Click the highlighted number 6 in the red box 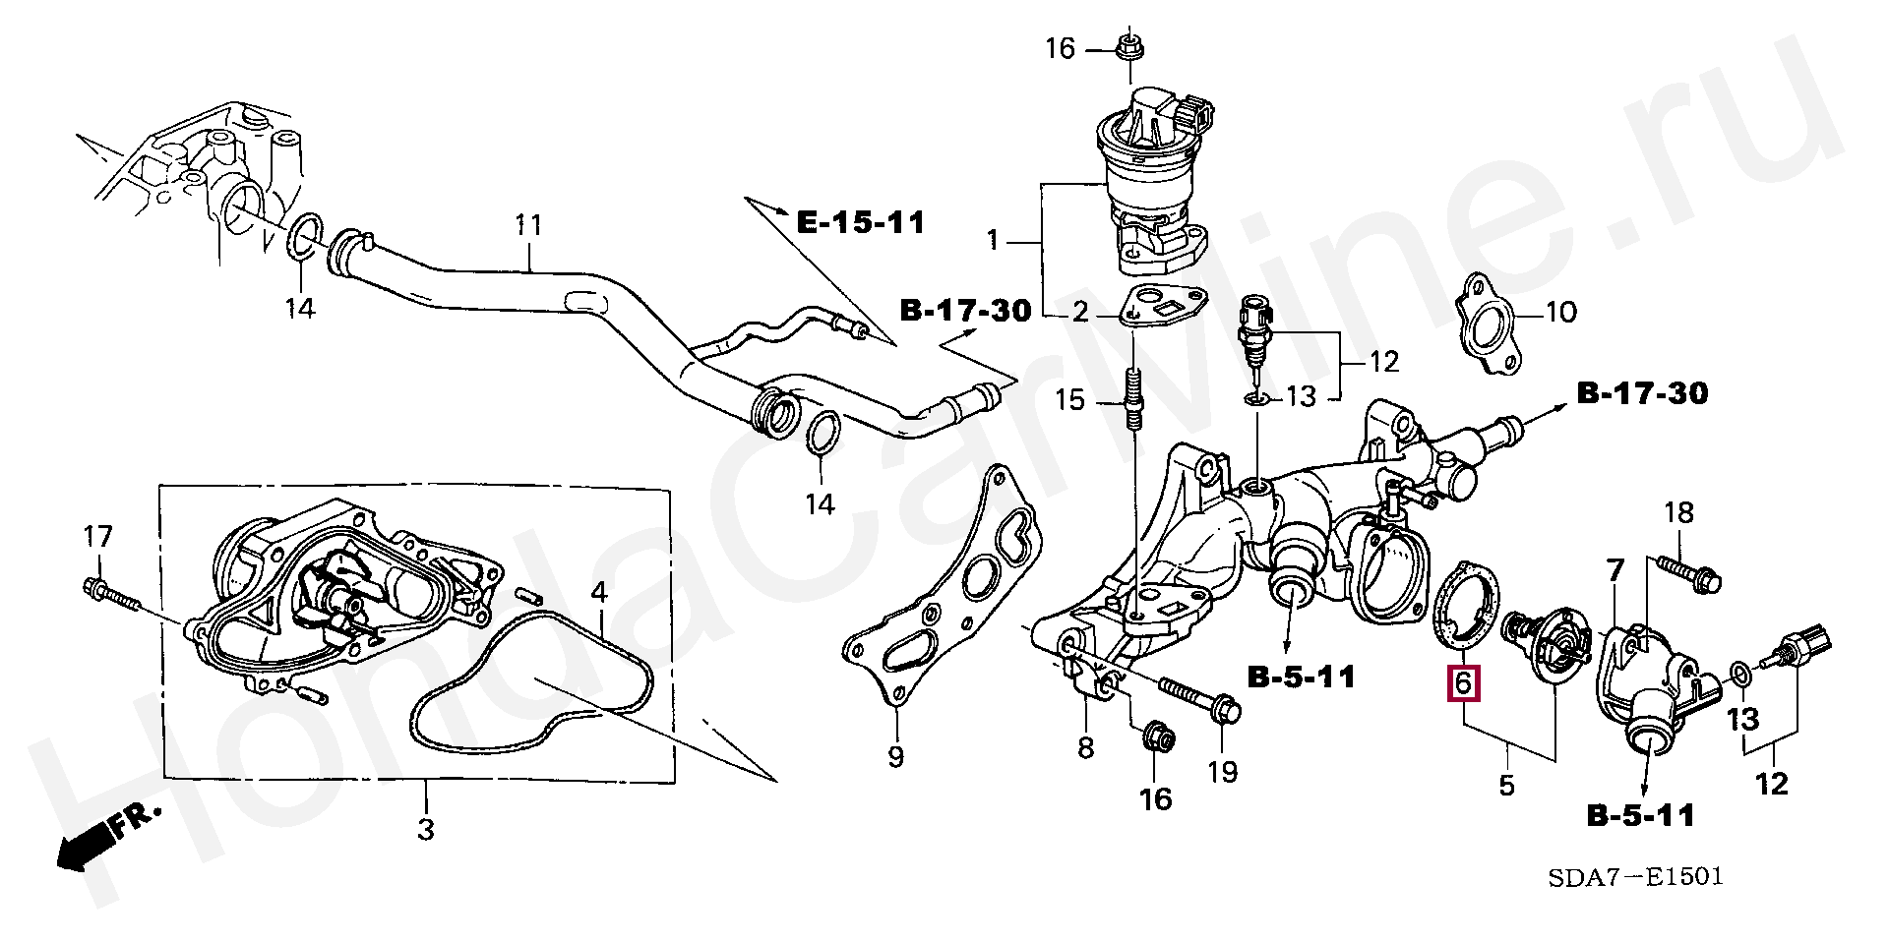(1462, 681)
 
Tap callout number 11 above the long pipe (529, 225)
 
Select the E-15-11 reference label (860, 223)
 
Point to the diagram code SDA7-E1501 (1635, 876)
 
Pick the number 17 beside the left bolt (97, 536)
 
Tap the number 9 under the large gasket (895, 757)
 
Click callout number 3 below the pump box (425, 829)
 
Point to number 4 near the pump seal (599, 592)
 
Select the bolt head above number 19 (1223, 709)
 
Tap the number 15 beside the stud (1069, 400)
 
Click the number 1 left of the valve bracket (993, 240)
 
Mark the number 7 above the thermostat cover (1615, 570)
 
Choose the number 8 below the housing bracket (1085, 748)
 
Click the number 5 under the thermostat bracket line (1506, 785)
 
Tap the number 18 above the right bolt (1678, 512)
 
